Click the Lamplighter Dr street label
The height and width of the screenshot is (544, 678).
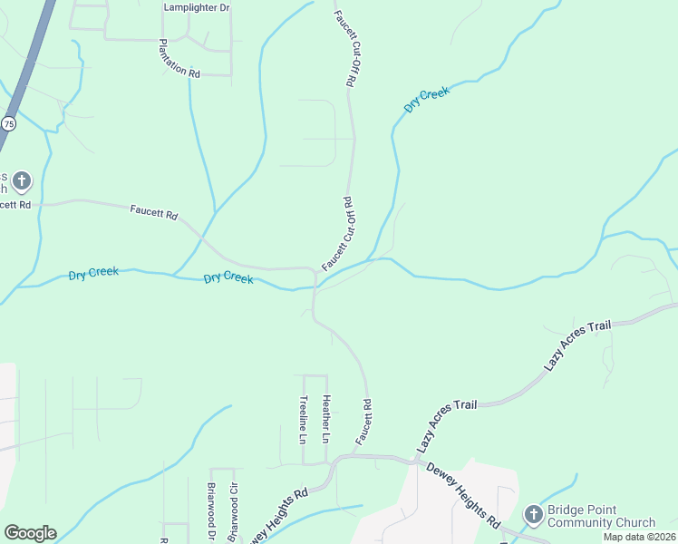pyautogui.click(x=197, y=7)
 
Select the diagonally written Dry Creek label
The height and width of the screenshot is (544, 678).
pyautogui.click(x=426, y=99)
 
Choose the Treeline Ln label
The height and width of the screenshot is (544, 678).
pyautogui.click(x=304, y=418)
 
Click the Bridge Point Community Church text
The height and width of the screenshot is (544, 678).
pyautogui.click(x=602, y=516)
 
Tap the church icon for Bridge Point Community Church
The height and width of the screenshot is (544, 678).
pyautogui.click(x=533, y=515)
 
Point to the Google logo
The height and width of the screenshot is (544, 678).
pyautogui.click(x=30, y=533)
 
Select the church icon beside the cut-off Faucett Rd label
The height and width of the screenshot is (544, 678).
pyautogui.click(x=22, y=180)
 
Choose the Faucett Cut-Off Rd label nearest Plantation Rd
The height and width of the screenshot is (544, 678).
pyautogui.click(x=344, y=49)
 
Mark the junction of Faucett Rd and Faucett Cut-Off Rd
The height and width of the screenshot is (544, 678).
pyautogui.click(x=314, y=269)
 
